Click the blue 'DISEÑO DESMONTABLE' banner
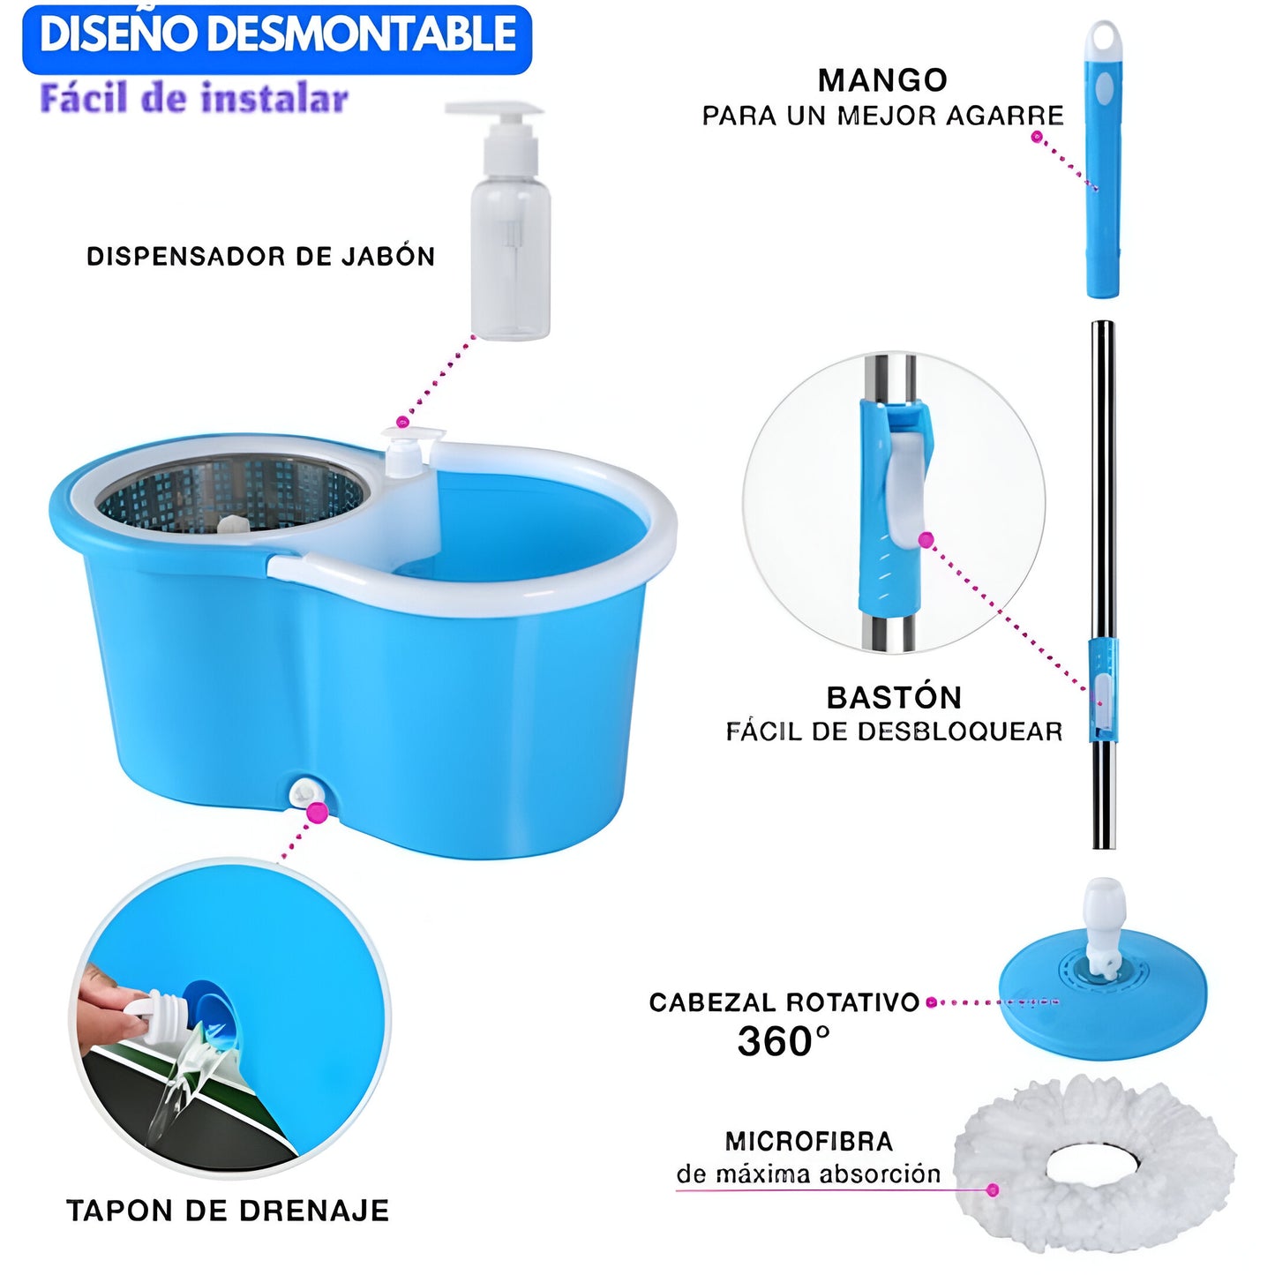tap(277, 38)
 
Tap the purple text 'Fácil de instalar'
tap(194, 99)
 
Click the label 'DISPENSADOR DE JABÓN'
tap(260, 257)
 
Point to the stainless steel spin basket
tap(231, 493)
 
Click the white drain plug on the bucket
tap(305, 792)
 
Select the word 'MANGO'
tap(882, 80)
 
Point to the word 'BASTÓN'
tap(894, 697)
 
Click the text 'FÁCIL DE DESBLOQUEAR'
tap(894, 731)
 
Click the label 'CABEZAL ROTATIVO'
tap(784, 1002)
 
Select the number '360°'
tap(784, 1041)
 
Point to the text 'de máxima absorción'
tap(808, 1174)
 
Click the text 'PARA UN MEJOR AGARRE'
tap(882, 116)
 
